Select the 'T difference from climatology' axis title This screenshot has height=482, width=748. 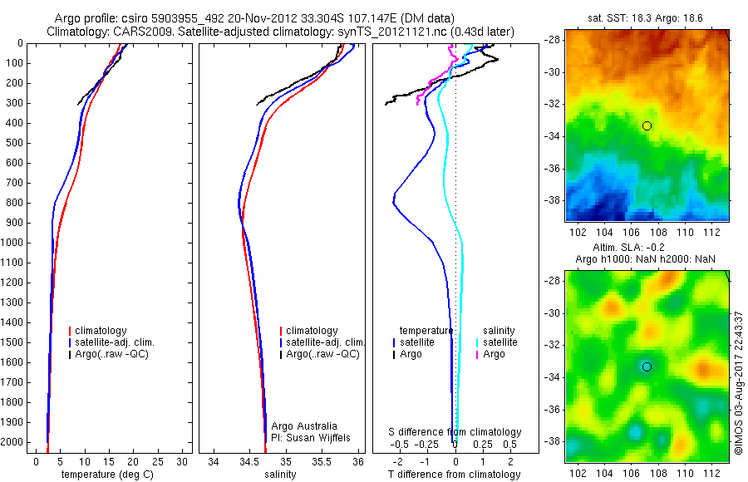(x=455, y=475)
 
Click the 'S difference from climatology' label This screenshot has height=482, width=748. (x=455, y=432)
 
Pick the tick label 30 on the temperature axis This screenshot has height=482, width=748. (x=184, y=460)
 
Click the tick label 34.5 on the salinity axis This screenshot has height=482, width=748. (x=249, y=460)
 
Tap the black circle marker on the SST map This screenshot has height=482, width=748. (x=647, y=125)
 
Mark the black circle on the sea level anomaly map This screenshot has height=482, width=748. (x=647, y=366)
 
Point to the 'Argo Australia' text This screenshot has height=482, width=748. (x=304, y=425)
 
